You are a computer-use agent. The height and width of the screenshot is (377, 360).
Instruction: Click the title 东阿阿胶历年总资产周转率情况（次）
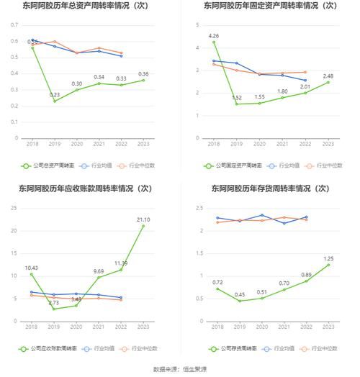[x=89, y=6]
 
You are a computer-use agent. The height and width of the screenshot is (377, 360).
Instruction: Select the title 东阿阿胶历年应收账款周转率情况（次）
[x=89, y=188]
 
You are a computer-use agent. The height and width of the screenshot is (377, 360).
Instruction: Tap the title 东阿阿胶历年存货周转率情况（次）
[x=269, y=188]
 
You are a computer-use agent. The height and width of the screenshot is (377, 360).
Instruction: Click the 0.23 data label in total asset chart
[x=54, y=94]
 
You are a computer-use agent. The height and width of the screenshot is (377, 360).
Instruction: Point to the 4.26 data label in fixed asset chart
[x=213, y=35]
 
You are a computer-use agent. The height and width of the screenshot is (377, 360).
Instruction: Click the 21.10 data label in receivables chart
[x=143, y=219]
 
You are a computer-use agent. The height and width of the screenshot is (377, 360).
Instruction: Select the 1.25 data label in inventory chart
[x=328, y=258]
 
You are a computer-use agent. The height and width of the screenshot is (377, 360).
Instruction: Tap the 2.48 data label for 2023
[x=328, y=76]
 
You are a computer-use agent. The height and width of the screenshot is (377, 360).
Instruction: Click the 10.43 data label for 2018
[x=31, y=268]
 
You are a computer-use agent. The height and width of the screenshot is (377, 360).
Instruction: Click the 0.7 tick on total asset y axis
[x=14, y=25]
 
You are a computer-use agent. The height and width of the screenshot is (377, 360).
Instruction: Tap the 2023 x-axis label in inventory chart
[x=328, y=327]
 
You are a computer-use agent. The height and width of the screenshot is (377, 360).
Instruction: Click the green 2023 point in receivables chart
[x=143, y=226]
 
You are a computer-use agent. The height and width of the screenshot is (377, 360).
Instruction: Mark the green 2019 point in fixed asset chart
[x=236, y=104]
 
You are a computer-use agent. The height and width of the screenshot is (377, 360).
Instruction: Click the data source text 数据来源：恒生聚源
[x=180, y=369]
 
